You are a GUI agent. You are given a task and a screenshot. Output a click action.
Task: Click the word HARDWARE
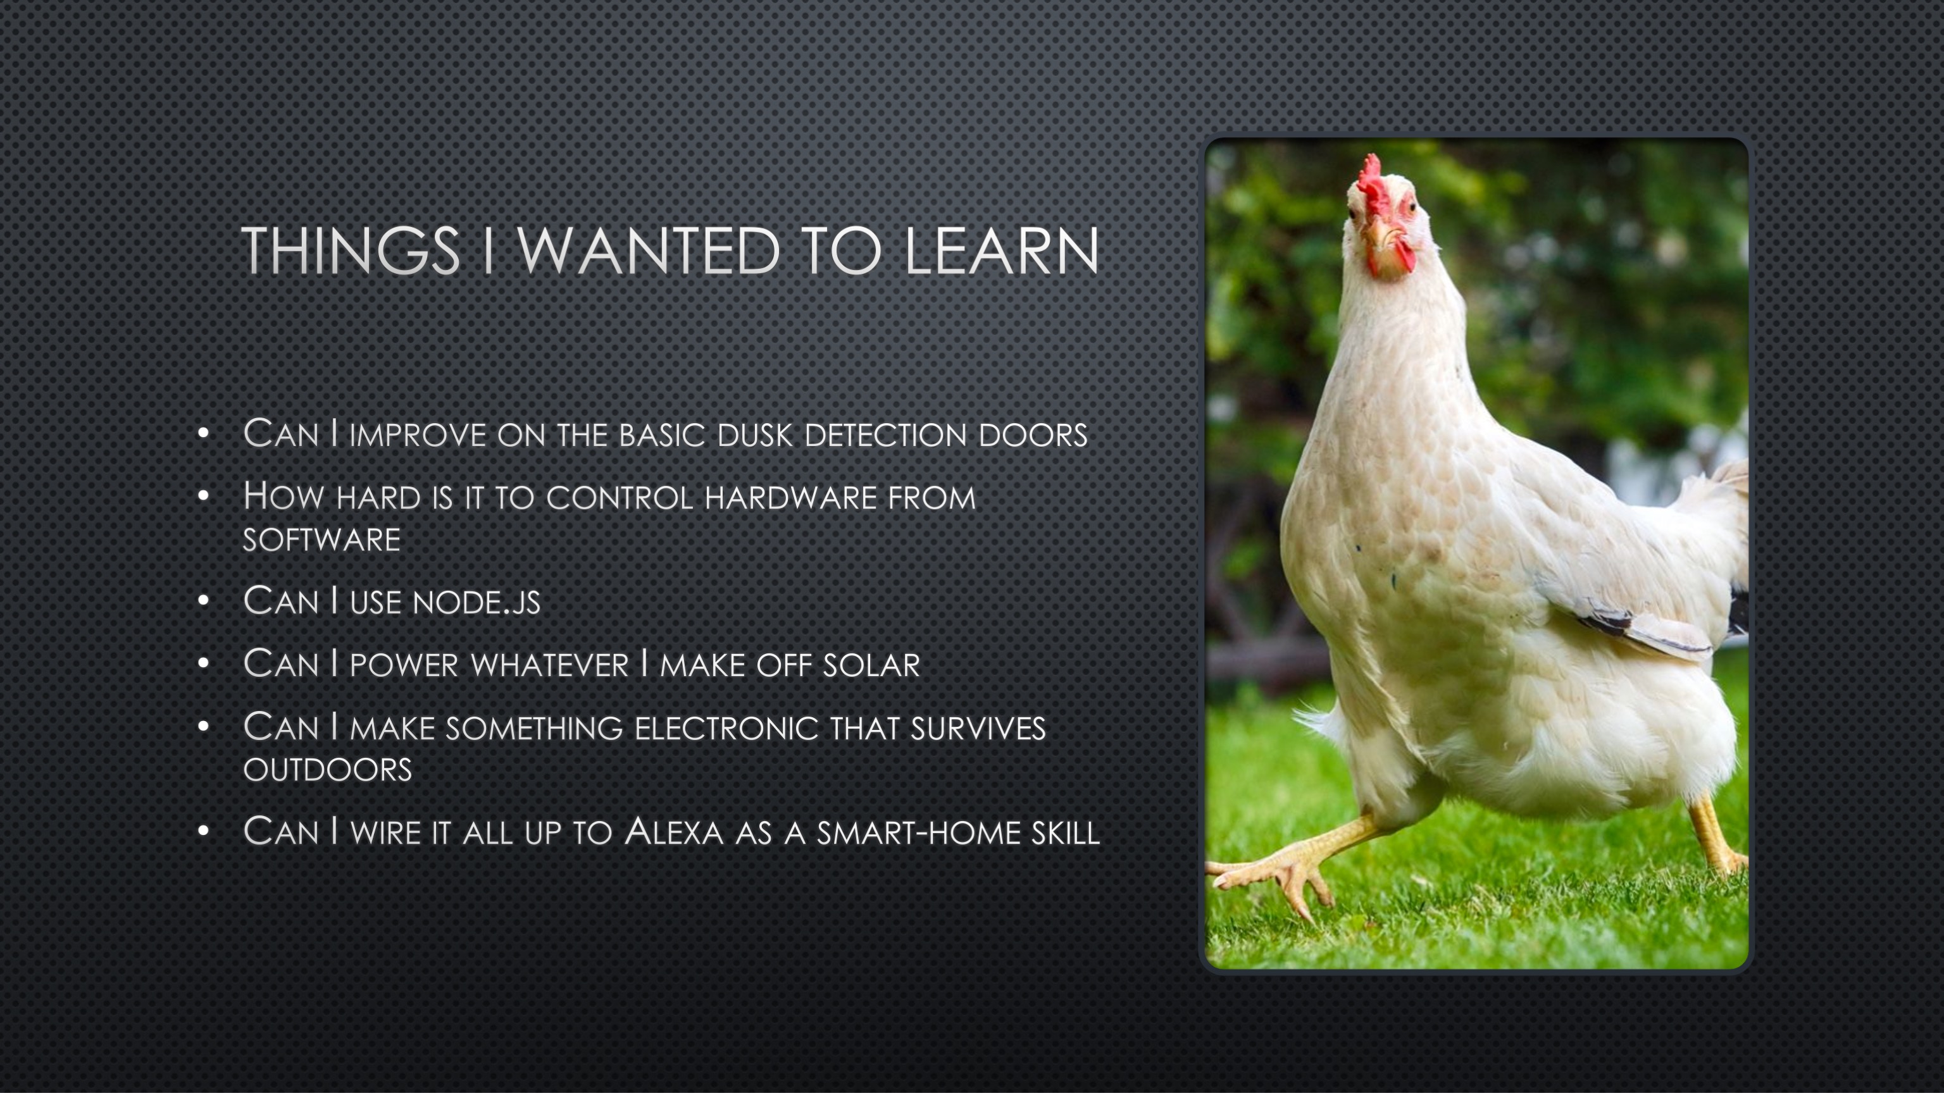tap(790, 498)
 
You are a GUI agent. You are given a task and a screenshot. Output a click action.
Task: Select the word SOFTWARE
tap(321, 540)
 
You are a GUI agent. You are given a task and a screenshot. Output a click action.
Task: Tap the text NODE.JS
tap(476, 603)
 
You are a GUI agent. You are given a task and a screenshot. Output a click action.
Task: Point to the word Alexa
tap(674, 832)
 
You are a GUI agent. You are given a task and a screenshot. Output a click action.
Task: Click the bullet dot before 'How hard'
tap(202, 497)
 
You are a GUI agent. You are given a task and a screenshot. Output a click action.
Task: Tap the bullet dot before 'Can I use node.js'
tap(202, 601)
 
